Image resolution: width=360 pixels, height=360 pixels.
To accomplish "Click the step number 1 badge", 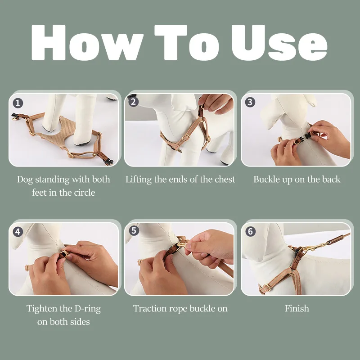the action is tap(18, 103).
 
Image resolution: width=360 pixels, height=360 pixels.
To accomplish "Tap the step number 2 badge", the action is tap(134, 102).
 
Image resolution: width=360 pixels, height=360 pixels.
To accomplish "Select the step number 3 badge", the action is tap(250, 102).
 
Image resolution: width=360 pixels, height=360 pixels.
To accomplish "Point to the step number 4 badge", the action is tap(18, 232).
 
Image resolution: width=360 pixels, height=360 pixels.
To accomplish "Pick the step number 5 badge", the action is tap(134, 231).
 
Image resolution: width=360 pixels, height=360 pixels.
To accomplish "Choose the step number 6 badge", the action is tap(251, 231).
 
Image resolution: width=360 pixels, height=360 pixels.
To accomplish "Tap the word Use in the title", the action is tap(279, 42).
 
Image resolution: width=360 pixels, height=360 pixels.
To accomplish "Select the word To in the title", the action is tap(187, 42).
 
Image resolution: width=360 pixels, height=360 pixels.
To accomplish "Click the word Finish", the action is tap(297, 308).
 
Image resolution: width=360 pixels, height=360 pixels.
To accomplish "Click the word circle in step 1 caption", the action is tap(85, 193).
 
